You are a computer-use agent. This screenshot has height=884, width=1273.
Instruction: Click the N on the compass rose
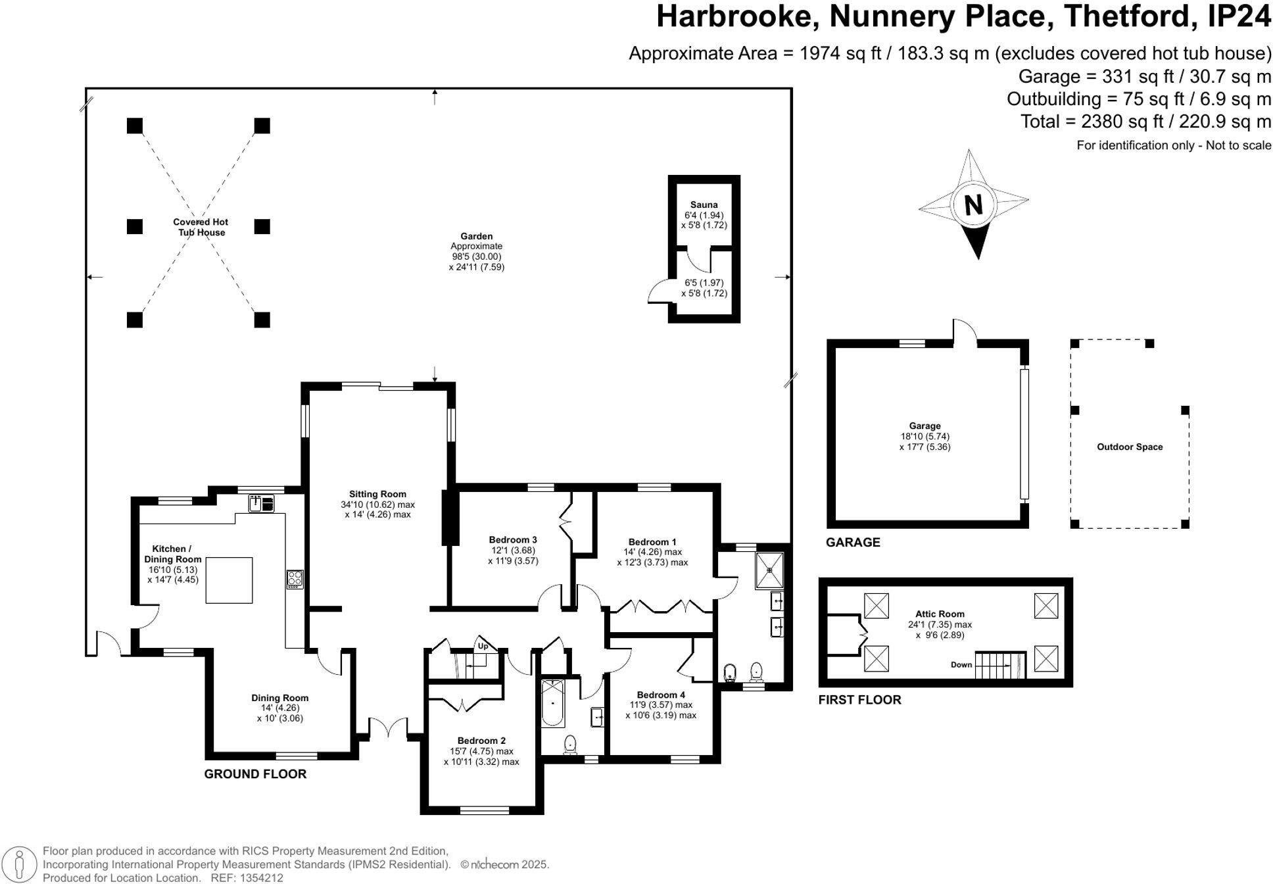click(973, 205)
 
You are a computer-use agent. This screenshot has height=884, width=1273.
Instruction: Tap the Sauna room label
click(704, 205)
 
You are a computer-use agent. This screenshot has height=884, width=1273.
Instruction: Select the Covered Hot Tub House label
click(201, 227)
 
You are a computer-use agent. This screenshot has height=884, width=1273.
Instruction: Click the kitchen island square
click(229, 580)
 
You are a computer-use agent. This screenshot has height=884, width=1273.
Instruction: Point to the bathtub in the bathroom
click(552, 703)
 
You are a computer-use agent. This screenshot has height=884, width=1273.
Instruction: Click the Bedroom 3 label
click(513, 540)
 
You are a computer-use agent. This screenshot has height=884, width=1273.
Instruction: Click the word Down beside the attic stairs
click(961, 664)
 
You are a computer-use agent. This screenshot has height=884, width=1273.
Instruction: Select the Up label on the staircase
click(483, 646)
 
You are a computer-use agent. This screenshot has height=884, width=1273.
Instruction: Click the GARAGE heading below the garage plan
click(853, 542)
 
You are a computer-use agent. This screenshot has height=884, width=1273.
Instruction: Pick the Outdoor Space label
click(1129, 447)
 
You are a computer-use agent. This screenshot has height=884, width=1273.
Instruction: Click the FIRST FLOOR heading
click(859, 700)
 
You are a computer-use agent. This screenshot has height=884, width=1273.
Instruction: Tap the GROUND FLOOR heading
click(255, 774)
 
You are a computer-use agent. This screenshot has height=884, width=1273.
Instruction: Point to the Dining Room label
click(279, 698)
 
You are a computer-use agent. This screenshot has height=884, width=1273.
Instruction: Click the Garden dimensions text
click(476, 262)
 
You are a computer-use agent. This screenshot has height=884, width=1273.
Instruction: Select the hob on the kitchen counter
click(295, 579)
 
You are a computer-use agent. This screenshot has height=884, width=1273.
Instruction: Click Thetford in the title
click(1126, 16)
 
